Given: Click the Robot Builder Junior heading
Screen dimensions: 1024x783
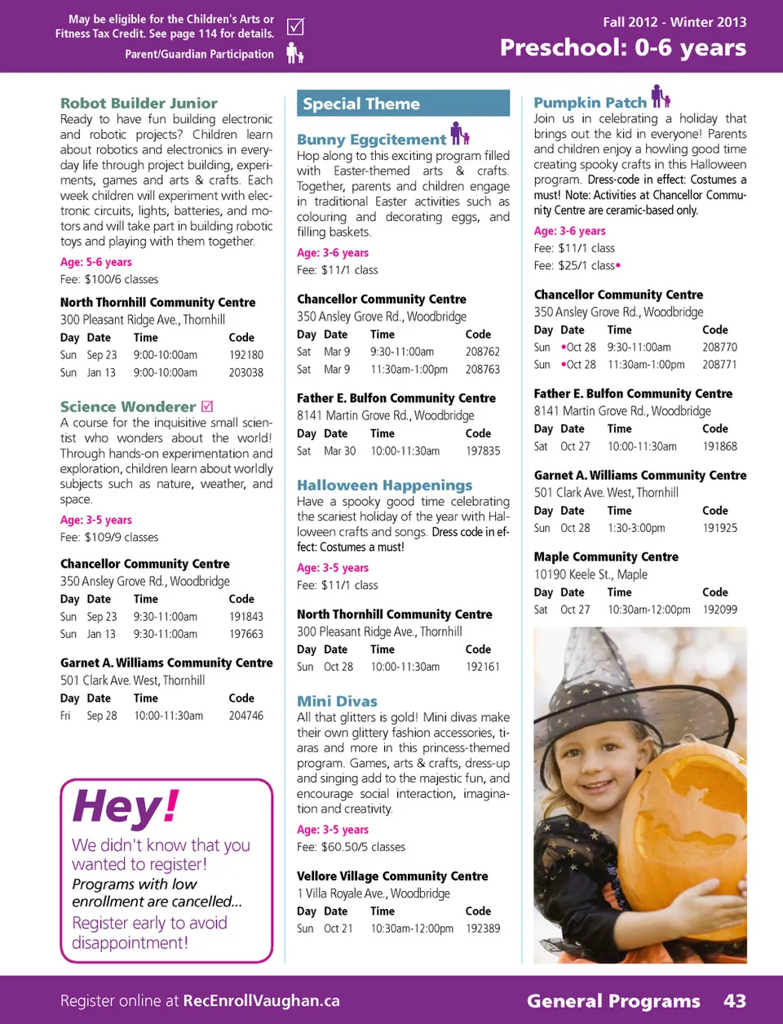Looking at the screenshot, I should point(139,104).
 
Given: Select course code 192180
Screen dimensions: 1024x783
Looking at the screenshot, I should point(246,355).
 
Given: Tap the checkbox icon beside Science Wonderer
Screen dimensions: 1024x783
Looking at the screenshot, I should point(207,406).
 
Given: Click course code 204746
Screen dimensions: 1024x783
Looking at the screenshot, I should point(246,716).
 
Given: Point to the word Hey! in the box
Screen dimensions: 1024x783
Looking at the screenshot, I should point(125,806).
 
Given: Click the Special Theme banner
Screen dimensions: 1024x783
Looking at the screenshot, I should point(403,104).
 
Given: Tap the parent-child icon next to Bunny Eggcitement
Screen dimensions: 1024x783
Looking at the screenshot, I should point(460,134).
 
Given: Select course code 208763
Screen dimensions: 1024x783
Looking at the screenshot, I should point(482,369).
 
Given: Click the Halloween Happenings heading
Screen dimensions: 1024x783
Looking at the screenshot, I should point(384,485).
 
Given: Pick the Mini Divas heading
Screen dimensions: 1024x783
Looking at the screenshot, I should point(337,701).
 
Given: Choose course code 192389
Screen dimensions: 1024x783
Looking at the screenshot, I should point(483,929).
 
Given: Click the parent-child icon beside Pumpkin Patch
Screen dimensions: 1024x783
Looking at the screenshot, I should point(661,97).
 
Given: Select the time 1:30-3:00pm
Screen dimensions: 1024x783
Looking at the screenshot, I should point(636,528).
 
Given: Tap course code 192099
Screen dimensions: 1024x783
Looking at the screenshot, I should point(719,610).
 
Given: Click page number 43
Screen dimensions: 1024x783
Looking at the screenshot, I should point(734,1001).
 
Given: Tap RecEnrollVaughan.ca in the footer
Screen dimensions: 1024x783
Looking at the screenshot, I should point(261,1001).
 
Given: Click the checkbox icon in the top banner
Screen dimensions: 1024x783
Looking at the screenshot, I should point(295,27).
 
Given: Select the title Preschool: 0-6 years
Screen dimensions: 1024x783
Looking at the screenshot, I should point(622,47).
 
